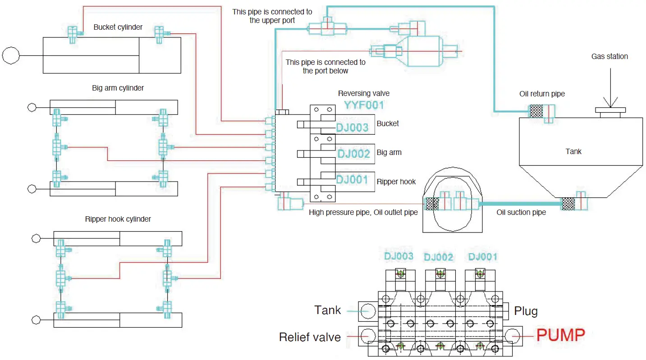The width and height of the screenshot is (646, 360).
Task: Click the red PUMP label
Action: point(560,335)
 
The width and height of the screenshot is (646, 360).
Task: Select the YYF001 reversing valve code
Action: point(364,105)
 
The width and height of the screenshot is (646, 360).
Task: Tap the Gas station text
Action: point(609,56)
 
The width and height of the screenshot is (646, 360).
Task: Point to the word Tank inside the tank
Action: point(573,151)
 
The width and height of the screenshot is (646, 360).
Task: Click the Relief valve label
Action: point(310,337)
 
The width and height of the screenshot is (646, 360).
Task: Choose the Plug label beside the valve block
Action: point(526,311)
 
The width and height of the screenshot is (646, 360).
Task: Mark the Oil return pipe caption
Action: point(542,94)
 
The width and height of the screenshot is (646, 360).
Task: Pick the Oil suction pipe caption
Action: point(521,212)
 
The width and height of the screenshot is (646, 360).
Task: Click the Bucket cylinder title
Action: point(118,27)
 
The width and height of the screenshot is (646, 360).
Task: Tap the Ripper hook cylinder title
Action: point(118,219)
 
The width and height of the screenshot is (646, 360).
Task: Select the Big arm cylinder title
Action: point(118,88)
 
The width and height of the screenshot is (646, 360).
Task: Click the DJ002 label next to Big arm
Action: point(354,154)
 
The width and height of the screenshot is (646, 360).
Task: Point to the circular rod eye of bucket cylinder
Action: point(10,55)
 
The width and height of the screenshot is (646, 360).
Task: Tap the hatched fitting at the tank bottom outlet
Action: point(568,204)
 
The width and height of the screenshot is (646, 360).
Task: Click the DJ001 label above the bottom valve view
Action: point(482,257)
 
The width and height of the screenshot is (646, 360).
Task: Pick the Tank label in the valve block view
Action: point(328,310)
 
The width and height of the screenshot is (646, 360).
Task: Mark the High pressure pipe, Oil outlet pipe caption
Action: point(363,212)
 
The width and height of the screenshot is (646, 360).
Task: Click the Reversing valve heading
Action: point(364,94)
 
